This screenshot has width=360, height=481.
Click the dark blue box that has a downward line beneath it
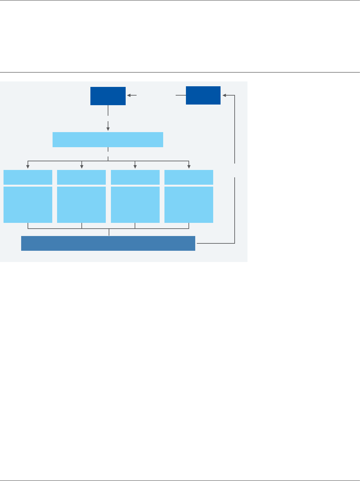108,96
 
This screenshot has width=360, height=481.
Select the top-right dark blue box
203,95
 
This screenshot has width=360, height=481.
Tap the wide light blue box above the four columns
108,139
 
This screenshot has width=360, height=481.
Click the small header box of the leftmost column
28,177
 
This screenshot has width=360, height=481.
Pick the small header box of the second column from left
81,177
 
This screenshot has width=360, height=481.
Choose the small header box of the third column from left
135,177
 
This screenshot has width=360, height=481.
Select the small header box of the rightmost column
189,177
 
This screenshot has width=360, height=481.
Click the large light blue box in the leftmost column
28,205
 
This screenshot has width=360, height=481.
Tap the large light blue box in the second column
81,205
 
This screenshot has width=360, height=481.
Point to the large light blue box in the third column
135,205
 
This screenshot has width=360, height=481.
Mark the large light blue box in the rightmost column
189,205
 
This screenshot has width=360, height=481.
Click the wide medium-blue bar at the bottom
108,243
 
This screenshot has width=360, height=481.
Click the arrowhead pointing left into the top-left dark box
129,95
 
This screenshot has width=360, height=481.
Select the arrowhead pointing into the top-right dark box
224,95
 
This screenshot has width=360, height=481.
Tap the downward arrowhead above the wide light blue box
108,129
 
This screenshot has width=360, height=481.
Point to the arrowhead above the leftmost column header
28,166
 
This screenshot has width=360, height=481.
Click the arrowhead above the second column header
82,166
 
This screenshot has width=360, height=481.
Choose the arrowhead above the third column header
135,166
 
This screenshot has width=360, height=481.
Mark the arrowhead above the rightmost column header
189,166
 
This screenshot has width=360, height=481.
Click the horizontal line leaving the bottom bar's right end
215,243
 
